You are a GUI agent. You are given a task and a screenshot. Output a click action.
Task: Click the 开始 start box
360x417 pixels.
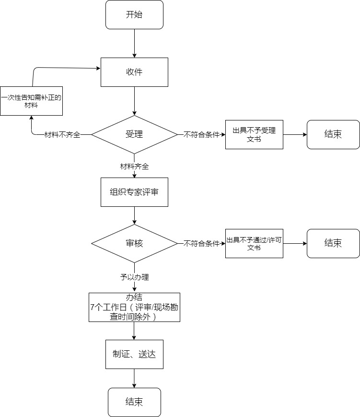134,14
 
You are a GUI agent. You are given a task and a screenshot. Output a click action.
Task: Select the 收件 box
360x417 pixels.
134,72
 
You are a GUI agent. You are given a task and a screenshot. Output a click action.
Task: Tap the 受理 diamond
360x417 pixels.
134,134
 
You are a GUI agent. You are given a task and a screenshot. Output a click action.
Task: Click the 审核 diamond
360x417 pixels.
134,243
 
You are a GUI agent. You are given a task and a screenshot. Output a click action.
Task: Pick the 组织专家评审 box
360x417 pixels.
134,192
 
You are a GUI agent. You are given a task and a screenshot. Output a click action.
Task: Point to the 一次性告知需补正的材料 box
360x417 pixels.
31,101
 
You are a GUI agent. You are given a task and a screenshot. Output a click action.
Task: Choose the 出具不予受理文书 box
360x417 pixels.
254,134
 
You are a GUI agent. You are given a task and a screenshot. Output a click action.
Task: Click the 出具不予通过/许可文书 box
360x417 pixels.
254,244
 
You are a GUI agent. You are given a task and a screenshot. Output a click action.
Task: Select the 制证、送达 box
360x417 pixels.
134,354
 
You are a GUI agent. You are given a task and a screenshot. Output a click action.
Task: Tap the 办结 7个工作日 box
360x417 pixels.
134,308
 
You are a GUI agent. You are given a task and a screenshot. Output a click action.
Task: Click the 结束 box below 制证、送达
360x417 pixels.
134,402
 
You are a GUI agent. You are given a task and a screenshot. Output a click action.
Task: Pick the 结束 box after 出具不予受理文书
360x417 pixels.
333,134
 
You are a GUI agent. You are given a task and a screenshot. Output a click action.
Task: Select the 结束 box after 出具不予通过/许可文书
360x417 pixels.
333,244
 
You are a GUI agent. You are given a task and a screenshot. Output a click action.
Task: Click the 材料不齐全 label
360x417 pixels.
62,135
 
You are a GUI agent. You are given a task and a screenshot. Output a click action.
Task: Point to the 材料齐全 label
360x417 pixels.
134,167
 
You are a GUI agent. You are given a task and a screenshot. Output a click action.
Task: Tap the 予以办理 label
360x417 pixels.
134,277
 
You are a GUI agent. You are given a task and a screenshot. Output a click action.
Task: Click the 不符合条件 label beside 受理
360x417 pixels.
202,135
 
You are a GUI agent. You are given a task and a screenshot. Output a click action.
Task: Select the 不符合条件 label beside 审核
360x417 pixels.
202,244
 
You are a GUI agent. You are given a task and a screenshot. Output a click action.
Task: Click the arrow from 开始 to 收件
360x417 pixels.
134,43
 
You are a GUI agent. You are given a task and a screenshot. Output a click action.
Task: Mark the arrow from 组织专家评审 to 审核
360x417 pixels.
134,215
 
